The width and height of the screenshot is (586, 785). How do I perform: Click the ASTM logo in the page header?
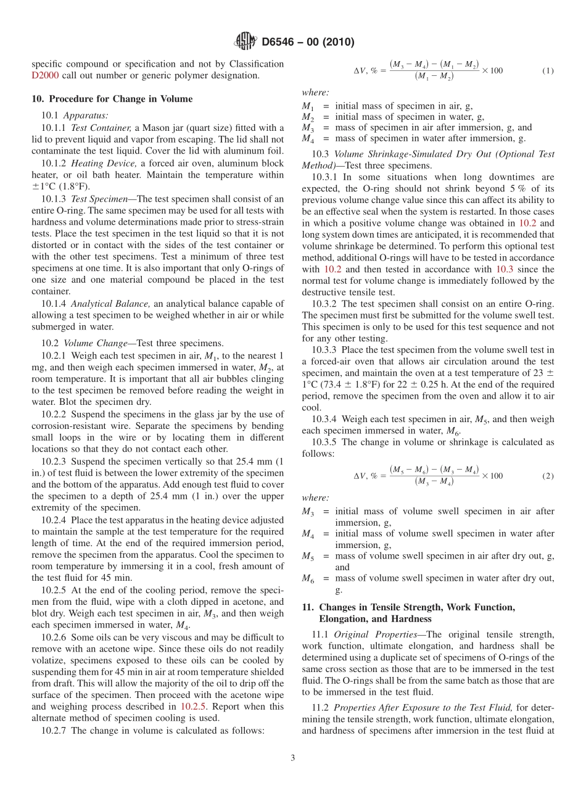tap(246, 42)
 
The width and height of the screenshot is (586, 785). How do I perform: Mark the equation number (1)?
tap(548, 70)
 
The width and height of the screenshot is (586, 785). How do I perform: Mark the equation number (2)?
tap(548, 476)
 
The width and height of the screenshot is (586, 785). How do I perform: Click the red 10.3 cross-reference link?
tap(504, 269)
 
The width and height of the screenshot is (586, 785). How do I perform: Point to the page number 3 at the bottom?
tap(293, 758)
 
